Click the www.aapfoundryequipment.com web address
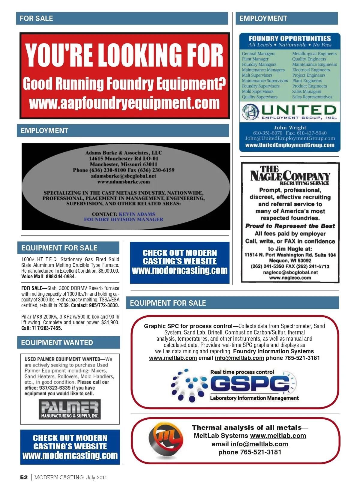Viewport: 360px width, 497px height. point(124,103)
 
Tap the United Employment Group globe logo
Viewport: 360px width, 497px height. point(250,112)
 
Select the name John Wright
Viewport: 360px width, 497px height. point(289,127)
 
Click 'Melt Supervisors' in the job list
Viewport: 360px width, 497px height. point(257,75)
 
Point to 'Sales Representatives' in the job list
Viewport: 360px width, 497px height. point(312,97)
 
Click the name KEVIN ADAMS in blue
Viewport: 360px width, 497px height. point(137,214)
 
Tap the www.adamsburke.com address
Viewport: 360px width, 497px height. point(124,182)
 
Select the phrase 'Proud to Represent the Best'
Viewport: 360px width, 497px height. point(290,226)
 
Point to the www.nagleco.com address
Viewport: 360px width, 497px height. point(290,278)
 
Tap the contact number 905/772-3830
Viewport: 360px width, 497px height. point(104,305)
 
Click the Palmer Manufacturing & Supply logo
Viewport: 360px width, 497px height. point(70,409)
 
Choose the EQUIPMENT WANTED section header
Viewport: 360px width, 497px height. point(57,343)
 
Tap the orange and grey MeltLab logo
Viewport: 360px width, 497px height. point(165,440)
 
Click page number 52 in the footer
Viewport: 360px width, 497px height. point(24,478)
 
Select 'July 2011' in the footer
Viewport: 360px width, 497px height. point(97,478)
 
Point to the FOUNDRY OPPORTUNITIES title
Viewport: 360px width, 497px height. point(289,38)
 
